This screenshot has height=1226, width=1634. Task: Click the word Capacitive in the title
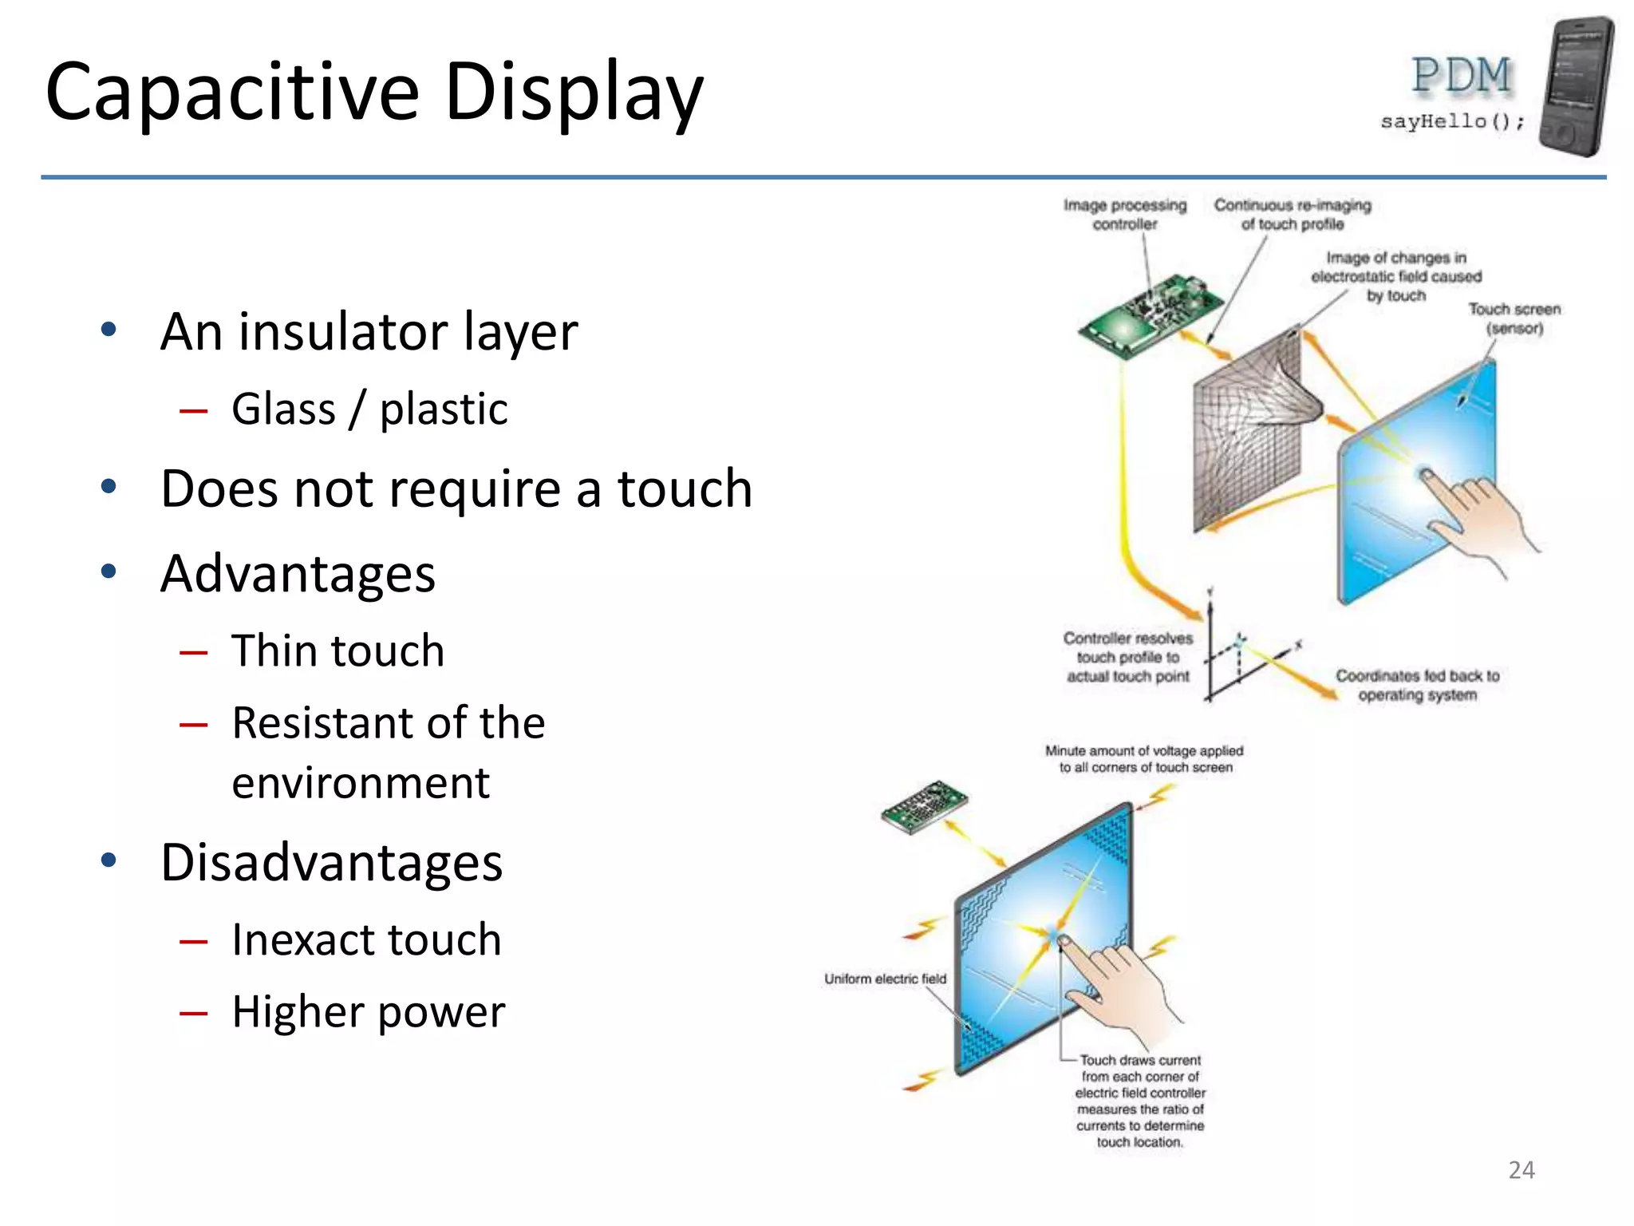tap(231, 93)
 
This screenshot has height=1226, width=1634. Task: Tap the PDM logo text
tap(1462, 76)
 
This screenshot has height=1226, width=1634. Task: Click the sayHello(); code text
tap(1452, 121)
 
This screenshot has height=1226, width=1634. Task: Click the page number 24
tap(1522, 1170)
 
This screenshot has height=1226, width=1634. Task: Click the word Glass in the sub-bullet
tap(283, 409)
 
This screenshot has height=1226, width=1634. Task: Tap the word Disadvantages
tap(331, 863)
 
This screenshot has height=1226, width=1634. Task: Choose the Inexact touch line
tap(366, 939)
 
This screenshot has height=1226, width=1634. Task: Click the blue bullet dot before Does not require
tap(109, 487)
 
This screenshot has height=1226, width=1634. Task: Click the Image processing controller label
tap(1125, 214)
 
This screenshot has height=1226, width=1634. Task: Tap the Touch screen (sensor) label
tap(1514, 318)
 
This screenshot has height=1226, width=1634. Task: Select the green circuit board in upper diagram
tap(1149, 316)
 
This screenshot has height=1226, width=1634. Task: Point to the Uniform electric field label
tap(885, 979)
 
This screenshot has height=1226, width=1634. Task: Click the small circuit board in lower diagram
tap(924, 806)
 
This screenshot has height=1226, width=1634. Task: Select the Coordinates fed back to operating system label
tap(1418, 685)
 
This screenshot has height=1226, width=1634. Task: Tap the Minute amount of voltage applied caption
tap(1144, 759)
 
